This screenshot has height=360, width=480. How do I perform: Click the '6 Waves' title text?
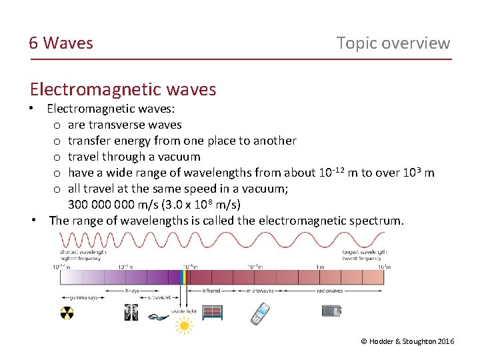tap(61, 43)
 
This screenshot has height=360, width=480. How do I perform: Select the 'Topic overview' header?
tap(393, 43)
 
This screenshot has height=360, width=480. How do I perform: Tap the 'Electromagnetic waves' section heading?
tap(123, 89)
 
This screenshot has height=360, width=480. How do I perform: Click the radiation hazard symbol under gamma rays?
tap(67, 313)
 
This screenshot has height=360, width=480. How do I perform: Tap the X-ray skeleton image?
tap(131, 311)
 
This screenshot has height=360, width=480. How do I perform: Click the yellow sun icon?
tap(183, 325)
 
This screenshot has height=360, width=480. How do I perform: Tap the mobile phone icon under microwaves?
tap(260, 313)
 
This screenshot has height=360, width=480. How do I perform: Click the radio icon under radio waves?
tap(331, 310)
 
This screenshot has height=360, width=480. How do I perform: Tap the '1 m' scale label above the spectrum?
tap(321, 267)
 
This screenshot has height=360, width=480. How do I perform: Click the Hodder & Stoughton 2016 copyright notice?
tap(407, 341)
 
